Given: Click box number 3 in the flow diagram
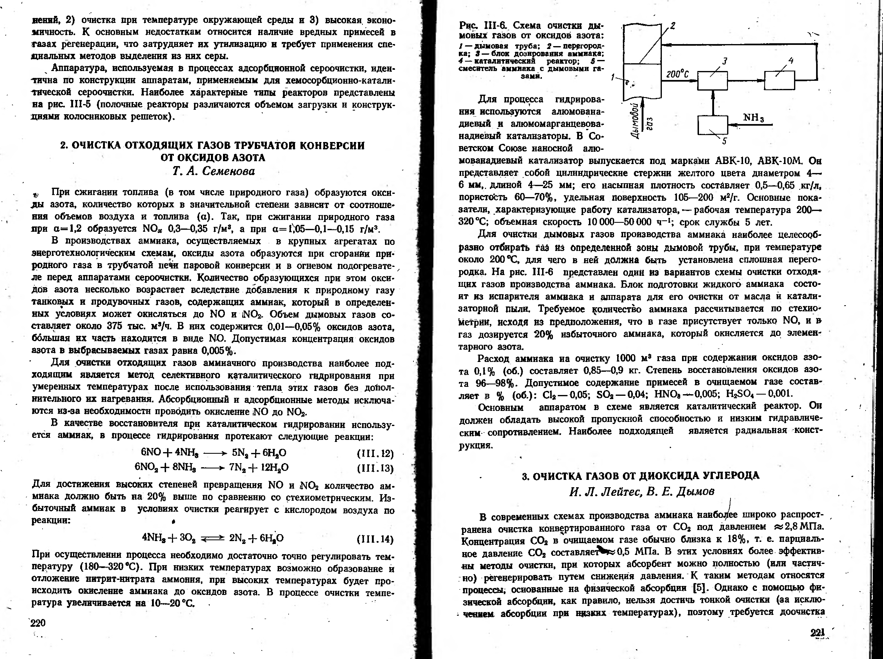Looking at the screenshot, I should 712,81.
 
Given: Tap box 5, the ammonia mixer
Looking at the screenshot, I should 712,125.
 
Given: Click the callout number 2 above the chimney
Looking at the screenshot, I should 672,26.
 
